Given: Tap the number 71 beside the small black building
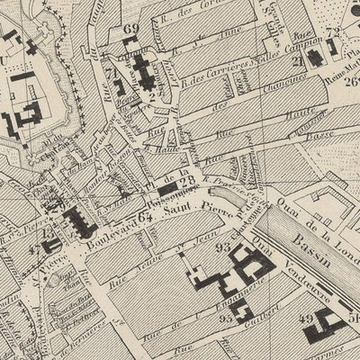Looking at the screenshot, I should (109, 68).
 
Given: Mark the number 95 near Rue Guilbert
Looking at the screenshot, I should (224, 317).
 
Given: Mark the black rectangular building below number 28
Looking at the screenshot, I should (168, 191).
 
